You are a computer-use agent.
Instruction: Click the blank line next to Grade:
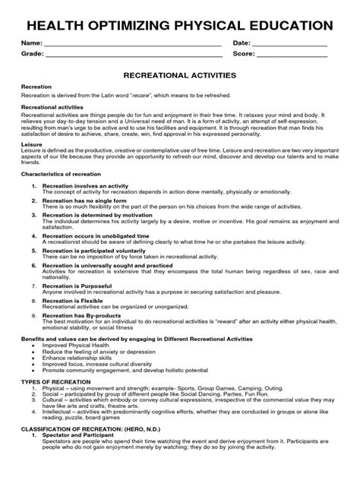coord(133,56)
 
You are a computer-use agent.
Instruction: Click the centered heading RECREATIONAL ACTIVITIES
coord(179,77)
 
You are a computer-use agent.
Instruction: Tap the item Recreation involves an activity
coord(84,186)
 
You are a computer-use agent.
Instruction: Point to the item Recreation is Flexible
coord(72,301)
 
